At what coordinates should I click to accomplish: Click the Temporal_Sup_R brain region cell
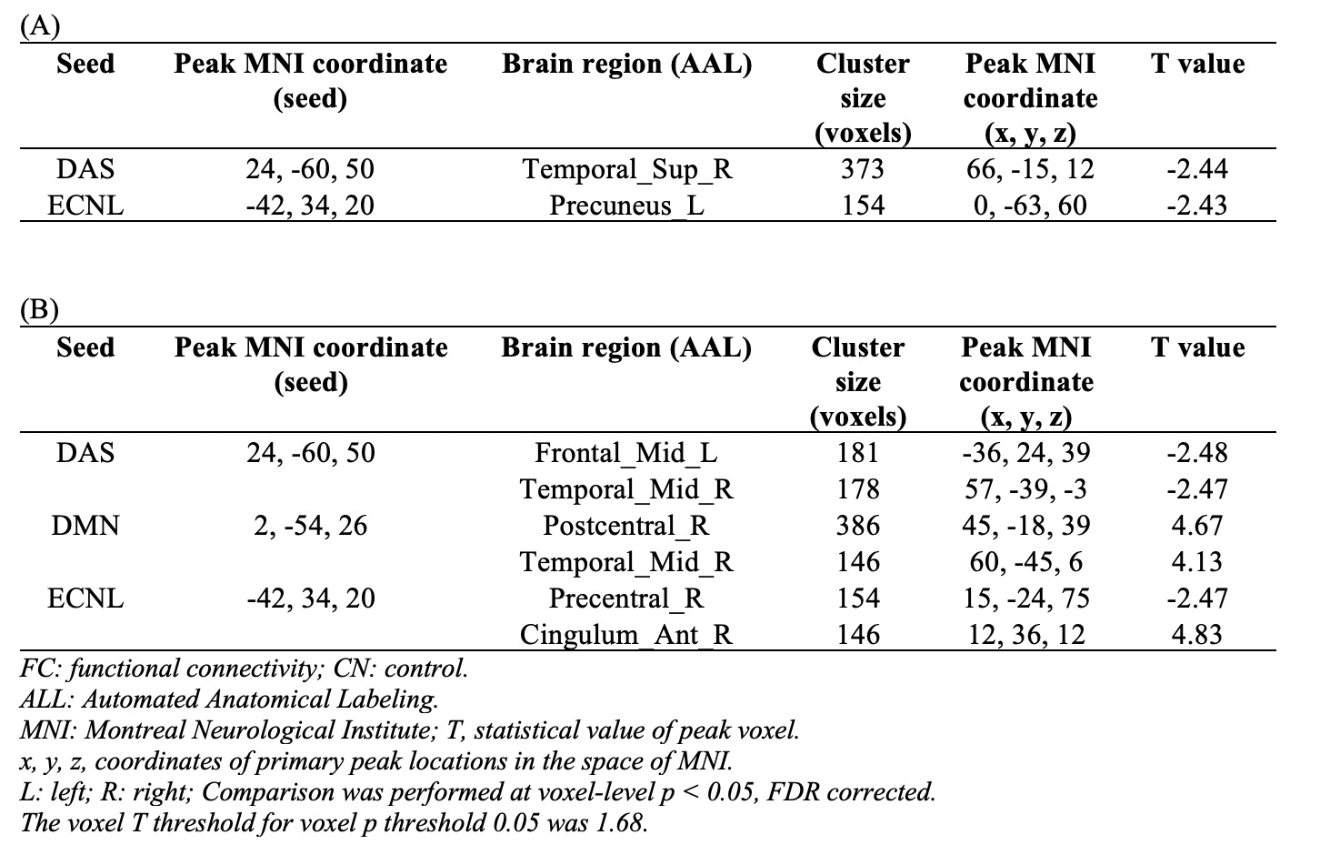pos(627,169)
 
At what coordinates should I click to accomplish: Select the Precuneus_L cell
pos(627,206)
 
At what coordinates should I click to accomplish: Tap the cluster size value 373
pos(863,169)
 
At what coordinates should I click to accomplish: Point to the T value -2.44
pos(1197,169)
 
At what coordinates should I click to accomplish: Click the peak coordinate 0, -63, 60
pos(1030,206)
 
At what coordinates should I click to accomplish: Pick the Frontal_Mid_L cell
pos(627,453)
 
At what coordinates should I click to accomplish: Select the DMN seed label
pos(85,526)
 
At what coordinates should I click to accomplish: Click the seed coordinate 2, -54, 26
pos(311,526)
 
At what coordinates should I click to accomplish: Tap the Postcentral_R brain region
pos(627,526)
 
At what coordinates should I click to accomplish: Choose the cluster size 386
pos(859,526)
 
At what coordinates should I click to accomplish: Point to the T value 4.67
pos(1197,526)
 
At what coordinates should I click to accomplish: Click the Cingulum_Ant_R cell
pos(627,635)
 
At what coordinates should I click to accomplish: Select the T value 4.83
pos(1197,635)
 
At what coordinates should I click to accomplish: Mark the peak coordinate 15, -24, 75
pos(1026,598)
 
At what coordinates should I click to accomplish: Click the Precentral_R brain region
pos(627,598)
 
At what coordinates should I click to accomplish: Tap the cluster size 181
pos(859,453)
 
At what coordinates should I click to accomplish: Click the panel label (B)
pos(39,310)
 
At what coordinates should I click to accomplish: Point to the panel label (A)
pos(39,26)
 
